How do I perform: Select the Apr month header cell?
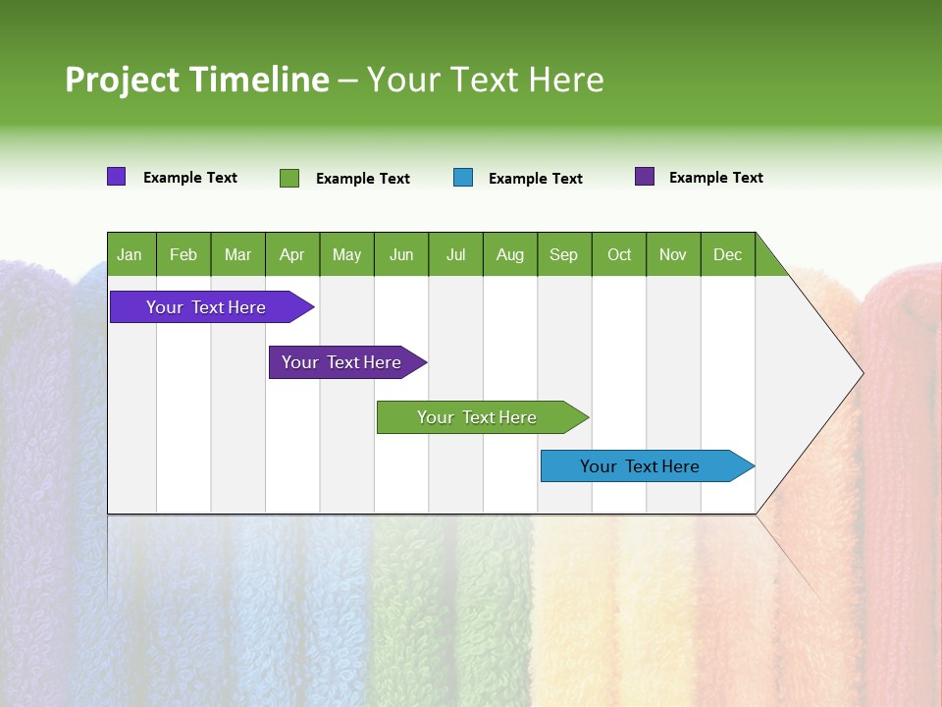(x=292, y=254)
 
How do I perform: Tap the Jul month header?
(x=455, y=254)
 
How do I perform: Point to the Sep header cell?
(x=564, y=254)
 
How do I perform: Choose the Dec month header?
(x=727, y=254)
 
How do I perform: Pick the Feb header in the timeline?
(x=183, y=254)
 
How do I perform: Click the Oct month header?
(x=619, y=254)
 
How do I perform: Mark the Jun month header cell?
(x=401, y=254)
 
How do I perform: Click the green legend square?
(x=289, y=178)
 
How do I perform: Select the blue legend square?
(x=463, y=178)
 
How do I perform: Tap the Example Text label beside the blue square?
(x=536, y=179)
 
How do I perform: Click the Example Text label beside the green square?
(x=363, y=179)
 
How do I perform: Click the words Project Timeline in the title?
(x=196, y=80)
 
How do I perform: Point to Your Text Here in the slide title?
(x=486, y=80)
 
